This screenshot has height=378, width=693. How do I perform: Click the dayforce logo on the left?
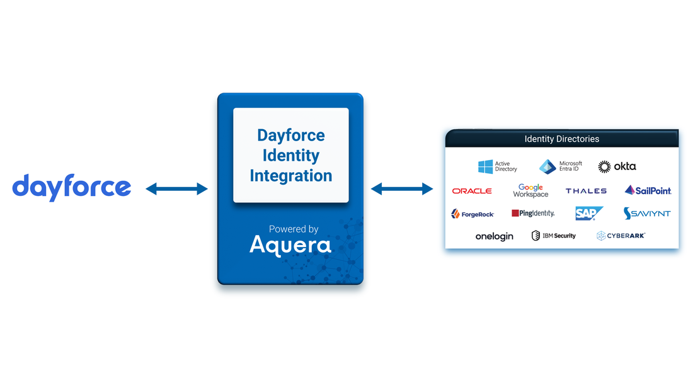point(72,187)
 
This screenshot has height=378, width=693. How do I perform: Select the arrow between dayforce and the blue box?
point(176,189)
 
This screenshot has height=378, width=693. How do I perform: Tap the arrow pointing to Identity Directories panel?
point(402,189)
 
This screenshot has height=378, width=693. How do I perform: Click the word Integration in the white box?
point(290,176)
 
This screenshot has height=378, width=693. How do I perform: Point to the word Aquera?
point(290,244)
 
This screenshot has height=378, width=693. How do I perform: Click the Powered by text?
point(293,229)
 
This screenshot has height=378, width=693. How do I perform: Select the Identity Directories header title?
point(561,139)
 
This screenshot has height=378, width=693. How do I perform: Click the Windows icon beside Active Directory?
point(485,166)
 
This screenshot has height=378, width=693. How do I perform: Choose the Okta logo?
point(617,166)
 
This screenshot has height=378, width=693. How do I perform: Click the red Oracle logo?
point(472,191)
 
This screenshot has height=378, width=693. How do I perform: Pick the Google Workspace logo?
point(530,191)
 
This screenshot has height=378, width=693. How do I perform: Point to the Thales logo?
point(586,191)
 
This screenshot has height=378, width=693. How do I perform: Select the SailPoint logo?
point(648,190)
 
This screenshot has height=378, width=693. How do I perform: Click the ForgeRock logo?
point(472,214)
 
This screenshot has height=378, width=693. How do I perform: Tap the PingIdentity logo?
point(533,214)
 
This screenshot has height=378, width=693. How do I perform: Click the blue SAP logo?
point(588,214)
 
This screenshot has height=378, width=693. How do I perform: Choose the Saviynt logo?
point(647,214)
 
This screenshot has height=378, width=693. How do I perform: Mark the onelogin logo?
point(494,236)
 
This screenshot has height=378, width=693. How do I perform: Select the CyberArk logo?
point(621,236)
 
